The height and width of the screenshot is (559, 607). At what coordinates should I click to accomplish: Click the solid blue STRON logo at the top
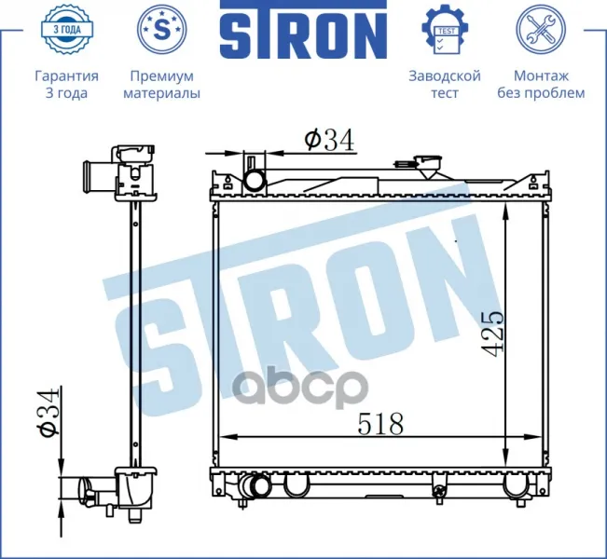(x=303, y=30)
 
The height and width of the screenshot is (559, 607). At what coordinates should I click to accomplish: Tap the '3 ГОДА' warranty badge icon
(x=66, y=30)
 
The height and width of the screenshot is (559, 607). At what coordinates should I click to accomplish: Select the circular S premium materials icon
(x=162, y=29)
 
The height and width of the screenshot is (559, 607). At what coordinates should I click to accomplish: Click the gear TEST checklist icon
(x=445, y=30)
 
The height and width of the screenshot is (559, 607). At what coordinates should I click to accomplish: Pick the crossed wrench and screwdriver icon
(x=541, y=29)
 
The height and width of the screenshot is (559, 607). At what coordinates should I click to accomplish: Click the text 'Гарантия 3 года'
(x=66, y=85)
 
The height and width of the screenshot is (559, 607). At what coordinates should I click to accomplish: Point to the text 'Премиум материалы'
(x=162, y=85)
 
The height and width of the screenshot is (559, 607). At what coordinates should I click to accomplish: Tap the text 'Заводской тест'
(x=445, y=85)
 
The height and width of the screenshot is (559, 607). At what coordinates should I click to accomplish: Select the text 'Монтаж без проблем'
(x=541, y=85)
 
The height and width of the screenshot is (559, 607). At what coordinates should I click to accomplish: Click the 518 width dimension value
(x=380, y=424)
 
